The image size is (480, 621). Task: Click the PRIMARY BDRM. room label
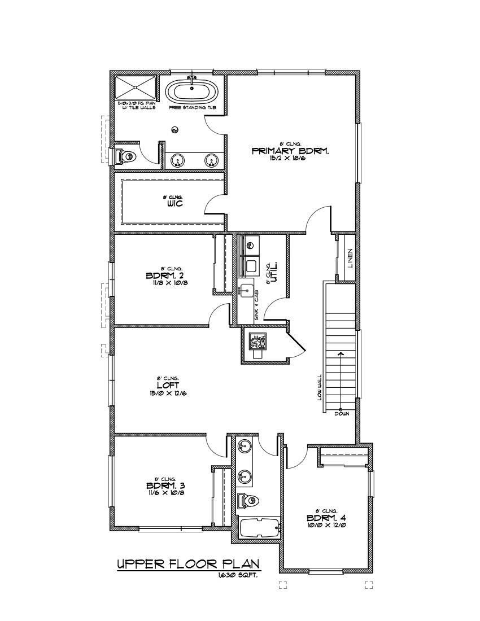290,151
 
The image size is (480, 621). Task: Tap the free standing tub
192,91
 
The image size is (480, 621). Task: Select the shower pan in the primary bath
136,88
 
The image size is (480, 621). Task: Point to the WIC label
174,203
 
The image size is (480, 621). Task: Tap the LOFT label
172,386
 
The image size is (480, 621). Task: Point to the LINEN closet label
350,257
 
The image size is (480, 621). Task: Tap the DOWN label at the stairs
342,414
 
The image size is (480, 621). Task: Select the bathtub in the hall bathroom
259,529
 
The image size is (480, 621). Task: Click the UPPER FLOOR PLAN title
188,563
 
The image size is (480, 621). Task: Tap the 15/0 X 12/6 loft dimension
172,393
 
